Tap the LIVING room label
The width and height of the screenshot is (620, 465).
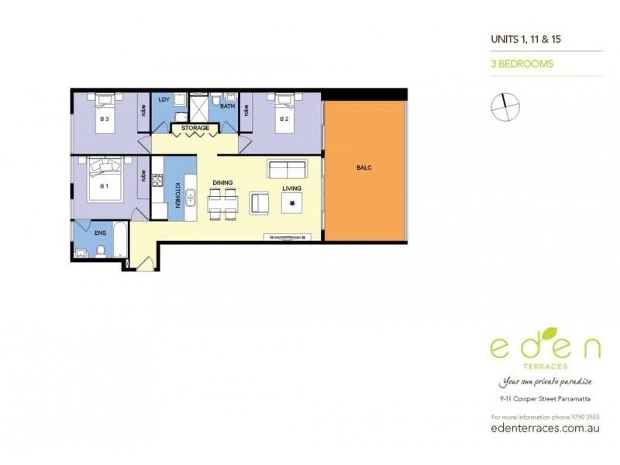[292, 188]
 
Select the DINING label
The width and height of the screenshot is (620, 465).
[222, 183]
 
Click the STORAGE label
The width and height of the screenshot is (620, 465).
[195, 128]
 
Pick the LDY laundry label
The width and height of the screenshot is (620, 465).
[164, 100]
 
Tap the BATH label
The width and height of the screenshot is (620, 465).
[227, 106]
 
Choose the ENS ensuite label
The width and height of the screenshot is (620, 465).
[100, 231]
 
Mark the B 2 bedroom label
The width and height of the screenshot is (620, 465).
[284, 119]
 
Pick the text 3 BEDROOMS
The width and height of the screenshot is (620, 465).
[522, 64]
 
